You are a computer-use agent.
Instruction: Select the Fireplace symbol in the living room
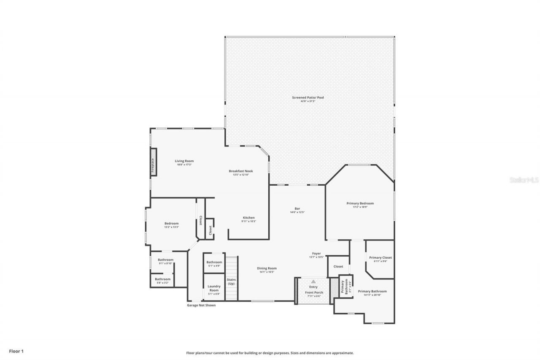[x=154, y=162]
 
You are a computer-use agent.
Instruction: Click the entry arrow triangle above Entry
[x=313, y=281]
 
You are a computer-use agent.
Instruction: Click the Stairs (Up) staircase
[x=232, y=279]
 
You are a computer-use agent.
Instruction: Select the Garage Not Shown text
[x=201, y=305]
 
